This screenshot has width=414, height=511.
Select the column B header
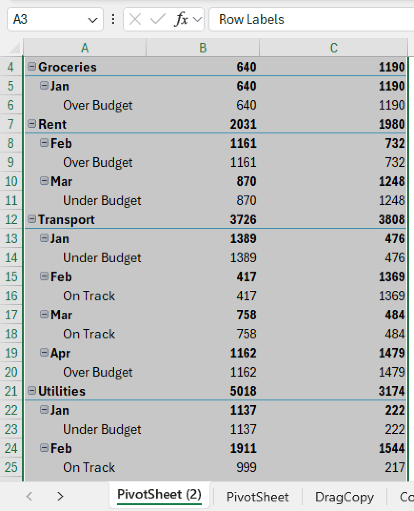(x=203, y=48)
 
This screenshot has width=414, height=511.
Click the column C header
(x=333, y=48)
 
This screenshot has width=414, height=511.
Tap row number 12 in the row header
(x=11, y=220)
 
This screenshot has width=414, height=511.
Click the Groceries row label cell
(x=67, y=67)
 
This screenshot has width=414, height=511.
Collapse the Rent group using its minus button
(x=32, y=124)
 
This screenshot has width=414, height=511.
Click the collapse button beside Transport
(x=32, y=219)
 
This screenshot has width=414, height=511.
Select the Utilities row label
(x=62, y=391)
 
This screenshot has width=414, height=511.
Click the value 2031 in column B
(x=243, y=124)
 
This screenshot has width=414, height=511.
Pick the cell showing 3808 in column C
(x=391, y=220)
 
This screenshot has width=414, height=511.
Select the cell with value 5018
(x=243, y=391)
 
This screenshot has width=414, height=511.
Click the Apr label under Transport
(x=60, y=353)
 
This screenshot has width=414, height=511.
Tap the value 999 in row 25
(x=246, y=467)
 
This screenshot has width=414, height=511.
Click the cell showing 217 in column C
(x=394, y=467)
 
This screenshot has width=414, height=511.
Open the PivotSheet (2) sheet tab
(x=159, y=495)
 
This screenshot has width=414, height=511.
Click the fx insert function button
(x=181, y=20)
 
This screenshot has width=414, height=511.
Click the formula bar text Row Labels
(x=251, y=20)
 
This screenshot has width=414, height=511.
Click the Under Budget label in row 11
(x=102, y=201)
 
